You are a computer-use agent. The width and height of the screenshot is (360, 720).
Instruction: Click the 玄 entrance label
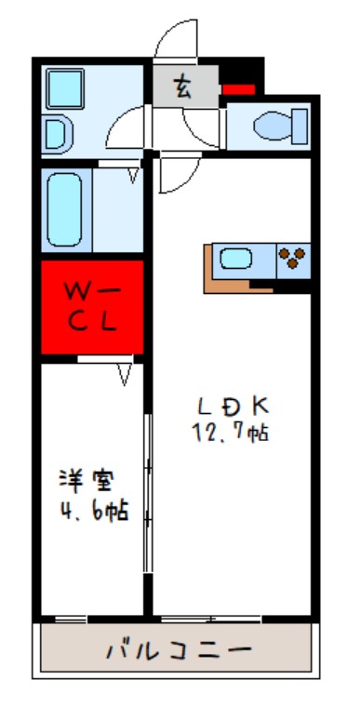(183, 89)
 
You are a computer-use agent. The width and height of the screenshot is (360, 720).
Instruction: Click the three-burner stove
(293, 259)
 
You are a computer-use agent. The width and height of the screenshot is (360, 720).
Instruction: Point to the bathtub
(66, 210)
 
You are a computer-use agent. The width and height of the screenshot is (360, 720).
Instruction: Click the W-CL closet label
(90, 307)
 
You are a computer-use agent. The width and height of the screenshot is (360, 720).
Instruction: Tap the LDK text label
(232, 406)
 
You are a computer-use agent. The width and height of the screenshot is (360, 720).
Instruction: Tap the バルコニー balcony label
(177, 648)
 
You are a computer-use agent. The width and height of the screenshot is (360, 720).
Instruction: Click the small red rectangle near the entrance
(238, 89)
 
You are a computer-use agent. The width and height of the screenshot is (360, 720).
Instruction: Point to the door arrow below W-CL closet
(125, 374)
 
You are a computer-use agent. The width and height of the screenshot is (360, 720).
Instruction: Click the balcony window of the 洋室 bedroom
(70, 619)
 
